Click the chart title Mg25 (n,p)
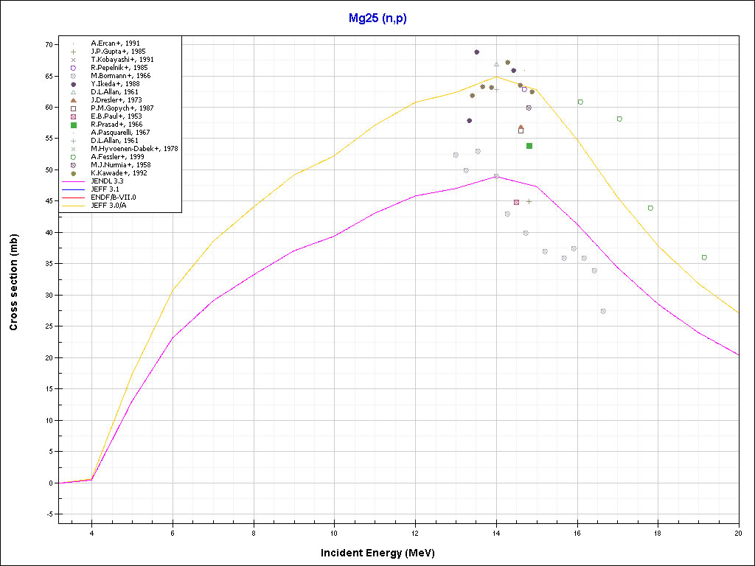377,18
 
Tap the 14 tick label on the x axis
496,532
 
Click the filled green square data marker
529,146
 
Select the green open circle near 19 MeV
704,257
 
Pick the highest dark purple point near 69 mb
477,52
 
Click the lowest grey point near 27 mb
603,311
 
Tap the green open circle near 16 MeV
580,102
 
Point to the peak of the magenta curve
496,176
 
